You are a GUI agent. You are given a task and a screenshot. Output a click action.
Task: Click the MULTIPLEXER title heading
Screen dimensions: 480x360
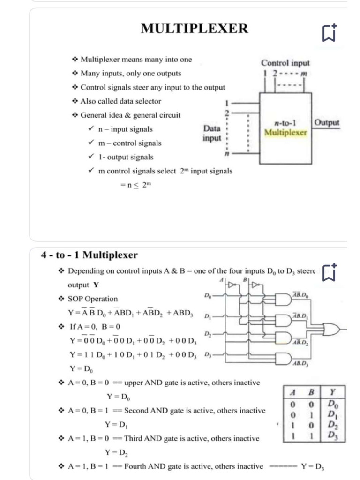tap(195, 29)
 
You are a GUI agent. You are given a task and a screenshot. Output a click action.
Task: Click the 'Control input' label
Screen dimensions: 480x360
tap(285, 62)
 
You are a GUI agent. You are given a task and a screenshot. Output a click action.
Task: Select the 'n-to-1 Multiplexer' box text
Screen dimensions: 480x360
tap(285, 128)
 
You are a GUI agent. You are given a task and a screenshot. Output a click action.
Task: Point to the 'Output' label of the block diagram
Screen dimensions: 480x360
tap(326, 122)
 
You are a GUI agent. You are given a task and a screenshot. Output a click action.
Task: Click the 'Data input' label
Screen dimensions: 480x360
tap(211, 133)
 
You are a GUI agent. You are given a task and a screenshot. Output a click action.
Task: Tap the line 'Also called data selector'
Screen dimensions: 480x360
tap(120, 101)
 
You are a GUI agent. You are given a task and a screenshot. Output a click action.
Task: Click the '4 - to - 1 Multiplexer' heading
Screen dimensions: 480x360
tap(90, 255)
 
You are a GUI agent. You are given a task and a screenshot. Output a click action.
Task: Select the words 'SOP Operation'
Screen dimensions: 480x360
tap(93, 299)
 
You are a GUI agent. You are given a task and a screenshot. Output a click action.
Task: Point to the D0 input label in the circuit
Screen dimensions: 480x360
tap(208, 296)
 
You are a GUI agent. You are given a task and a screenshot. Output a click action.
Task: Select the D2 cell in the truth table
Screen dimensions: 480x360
tap(332, 425)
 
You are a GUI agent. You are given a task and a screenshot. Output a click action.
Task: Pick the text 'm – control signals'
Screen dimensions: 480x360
tap(130, 143)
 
